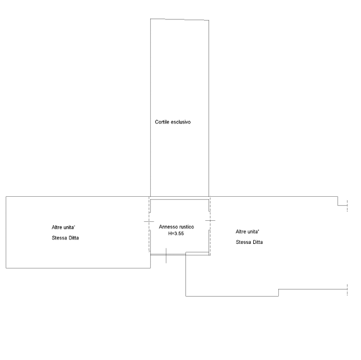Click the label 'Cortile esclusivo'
pos(173,122)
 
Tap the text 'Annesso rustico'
pos(176,227)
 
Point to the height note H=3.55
pos(176,234)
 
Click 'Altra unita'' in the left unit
pos(64,228)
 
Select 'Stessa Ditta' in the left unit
pos(65,238)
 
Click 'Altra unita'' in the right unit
pos(247,231)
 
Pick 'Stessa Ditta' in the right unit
pos(249,242)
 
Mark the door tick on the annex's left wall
pos(149,222)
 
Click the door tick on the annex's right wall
pos(210,221)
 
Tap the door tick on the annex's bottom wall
pos(166,255)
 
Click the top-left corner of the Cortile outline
pos(151,19)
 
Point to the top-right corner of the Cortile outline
pos(209,20)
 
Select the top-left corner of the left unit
pos(6,197)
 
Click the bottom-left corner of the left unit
pos(6,268)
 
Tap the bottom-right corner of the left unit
pos(151,268)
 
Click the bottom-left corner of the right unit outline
pos(186,296)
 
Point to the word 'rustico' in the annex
pos(186,227)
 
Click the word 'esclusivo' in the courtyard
pos(180,122)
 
